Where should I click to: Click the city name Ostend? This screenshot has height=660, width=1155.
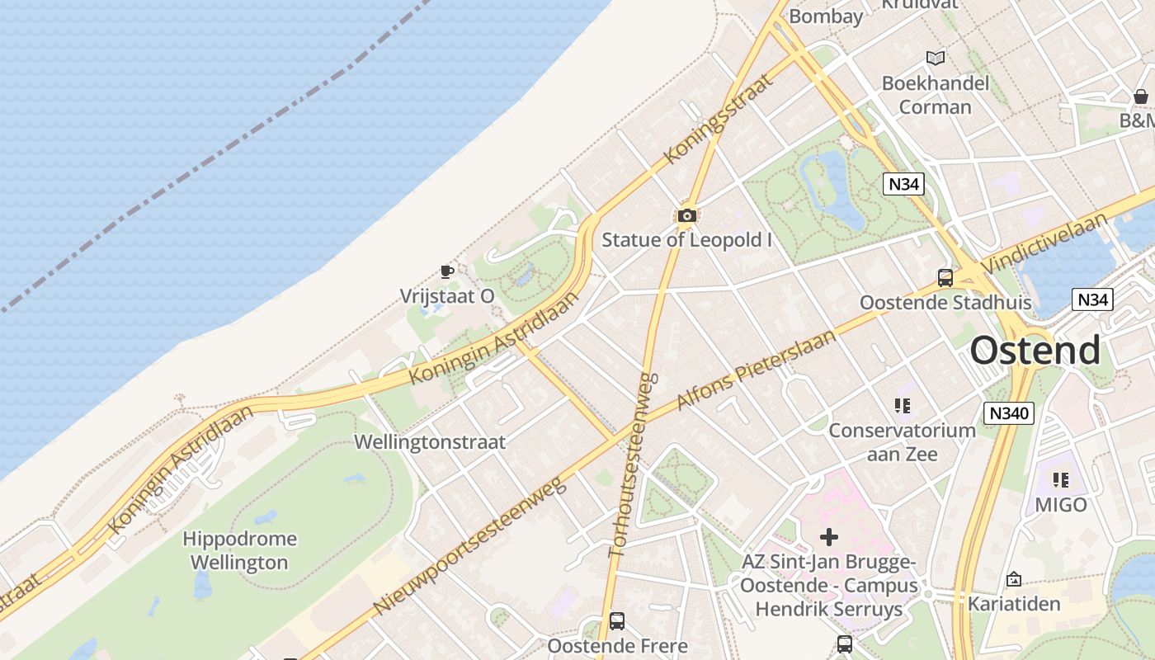point(1035,351)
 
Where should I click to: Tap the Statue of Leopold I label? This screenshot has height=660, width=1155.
point(687,240)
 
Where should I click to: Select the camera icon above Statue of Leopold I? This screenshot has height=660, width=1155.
point(686,216)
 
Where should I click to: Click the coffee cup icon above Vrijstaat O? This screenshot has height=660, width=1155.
point(447,271)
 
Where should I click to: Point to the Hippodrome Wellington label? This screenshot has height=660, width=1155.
point(239,551)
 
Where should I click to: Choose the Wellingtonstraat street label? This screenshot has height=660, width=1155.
point(430,442)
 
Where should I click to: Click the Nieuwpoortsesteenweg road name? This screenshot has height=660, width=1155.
point(470,546)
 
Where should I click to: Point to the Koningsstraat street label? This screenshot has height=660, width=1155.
point(719,118)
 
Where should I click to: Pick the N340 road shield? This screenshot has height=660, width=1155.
point(1008,412)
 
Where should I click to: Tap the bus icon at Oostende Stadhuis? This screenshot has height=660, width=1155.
point(945,278)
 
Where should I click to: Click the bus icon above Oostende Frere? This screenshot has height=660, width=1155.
point(617,621)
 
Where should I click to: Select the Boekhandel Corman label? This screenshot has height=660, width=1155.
point(936,95)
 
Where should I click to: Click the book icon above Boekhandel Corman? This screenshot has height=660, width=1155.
point(936,58)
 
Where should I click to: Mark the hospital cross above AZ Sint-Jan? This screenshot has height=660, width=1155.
point(829,538)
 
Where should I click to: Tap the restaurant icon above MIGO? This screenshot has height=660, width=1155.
point(1061,479)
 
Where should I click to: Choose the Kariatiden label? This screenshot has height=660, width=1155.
point(1014,604)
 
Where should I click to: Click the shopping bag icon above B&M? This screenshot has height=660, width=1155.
point(1141,97)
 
